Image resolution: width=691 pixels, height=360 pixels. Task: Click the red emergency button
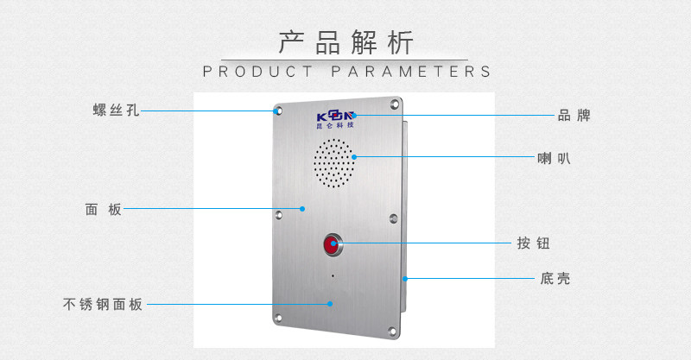coord(333,245)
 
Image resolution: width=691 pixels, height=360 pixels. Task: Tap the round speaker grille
coord(333,164)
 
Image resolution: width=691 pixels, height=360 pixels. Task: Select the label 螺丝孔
coord(116,111)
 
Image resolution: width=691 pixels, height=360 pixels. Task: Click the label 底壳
coord(555,279)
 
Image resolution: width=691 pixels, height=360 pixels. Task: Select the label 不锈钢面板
coord(103,304)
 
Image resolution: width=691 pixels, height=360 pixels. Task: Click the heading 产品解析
coord(346,42)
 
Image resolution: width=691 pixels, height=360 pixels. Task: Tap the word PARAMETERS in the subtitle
coord(412,72)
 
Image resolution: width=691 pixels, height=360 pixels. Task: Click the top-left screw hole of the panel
coord(278,111)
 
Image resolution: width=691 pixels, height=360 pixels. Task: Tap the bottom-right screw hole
coord(394,330)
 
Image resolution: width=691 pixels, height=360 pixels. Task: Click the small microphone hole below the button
coord(333,277)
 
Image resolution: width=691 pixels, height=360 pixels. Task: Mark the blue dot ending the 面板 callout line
coord(302,208)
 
